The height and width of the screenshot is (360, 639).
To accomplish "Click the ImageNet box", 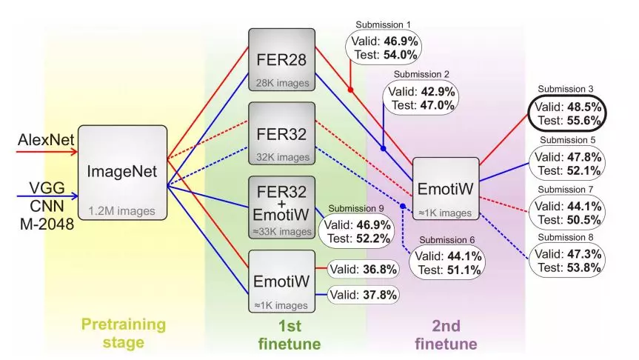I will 122,171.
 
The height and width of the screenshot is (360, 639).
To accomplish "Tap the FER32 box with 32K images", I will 281,134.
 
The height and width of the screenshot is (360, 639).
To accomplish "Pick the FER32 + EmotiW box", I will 281,208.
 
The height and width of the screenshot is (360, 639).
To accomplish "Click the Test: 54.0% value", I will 384,54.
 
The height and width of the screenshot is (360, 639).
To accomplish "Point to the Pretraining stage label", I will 123,333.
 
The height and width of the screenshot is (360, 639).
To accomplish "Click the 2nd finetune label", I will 446,333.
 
